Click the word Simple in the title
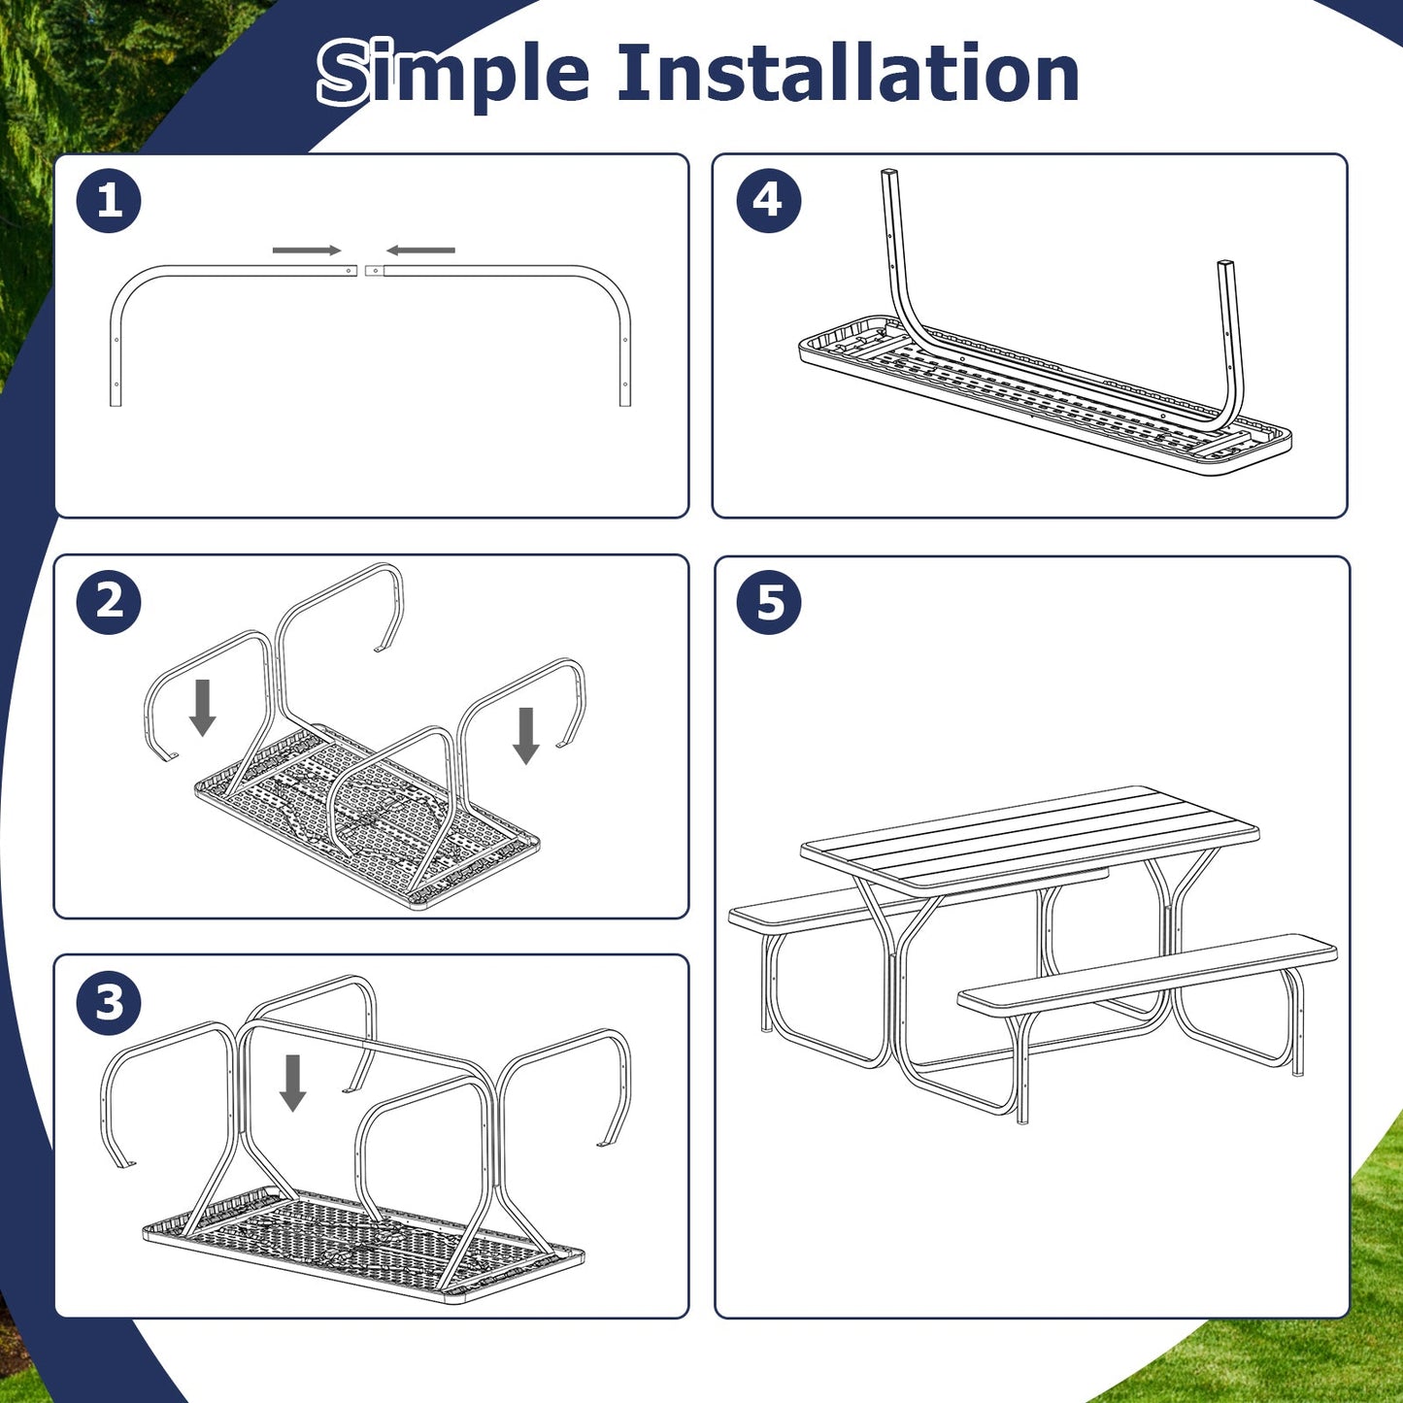pos(453,74)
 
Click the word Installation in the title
pos(848,74)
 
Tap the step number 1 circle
pos(109,201)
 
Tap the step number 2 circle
pos(109,602)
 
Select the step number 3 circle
pos(109,1002)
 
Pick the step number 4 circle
pos(768,201)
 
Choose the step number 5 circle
pos(768,602)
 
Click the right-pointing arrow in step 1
pos(306,251)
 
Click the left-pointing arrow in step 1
pos(420,251)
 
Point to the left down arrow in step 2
pos(202,707)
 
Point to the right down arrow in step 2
pos(526,735)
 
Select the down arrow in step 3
pos(292,1083)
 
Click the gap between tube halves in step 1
pos(361,271)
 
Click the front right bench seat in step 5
pos(1146,974)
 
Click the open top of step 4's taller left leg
pos(888,174)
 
